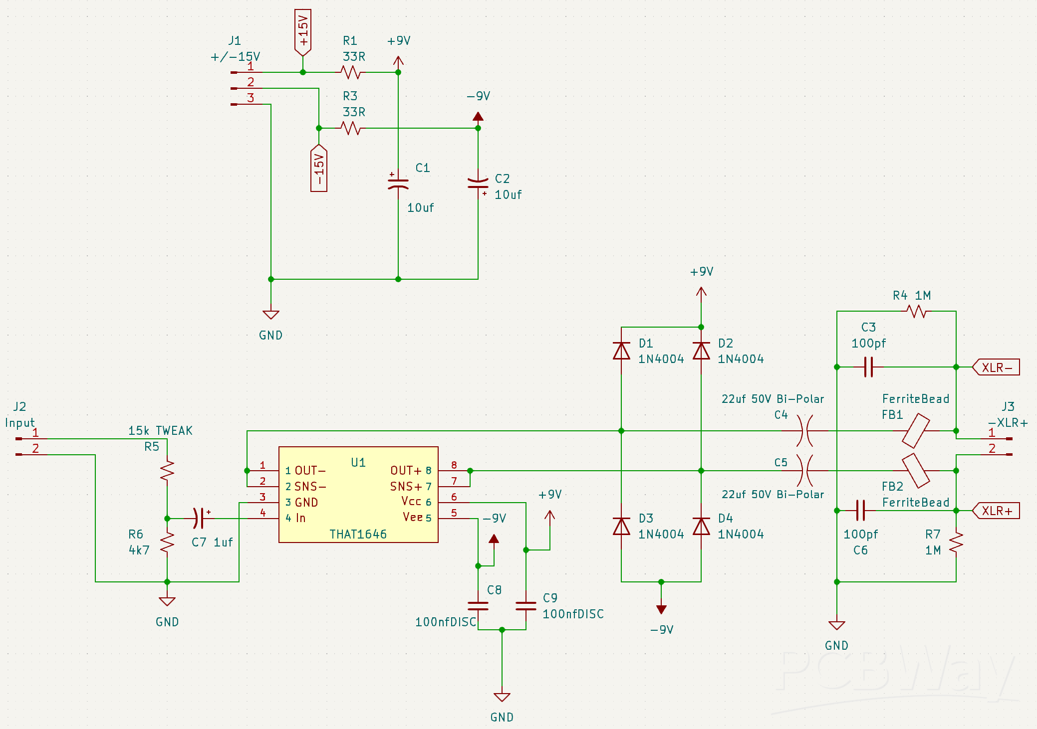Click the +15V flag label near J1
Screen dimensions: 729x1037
click(303, 31)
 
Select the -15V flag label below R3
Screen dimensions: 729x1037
click(319, 169)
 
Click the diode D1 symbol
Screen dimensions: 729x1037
click(621, 351)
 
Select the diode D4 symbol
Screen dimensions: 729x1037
click(701, 527)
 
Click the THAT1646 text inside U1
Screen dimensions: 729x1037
click(358, 534)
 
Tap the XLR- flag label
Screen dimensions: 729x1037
click(997, 367)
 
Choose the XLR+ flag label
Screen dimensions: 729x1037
click(997, 511)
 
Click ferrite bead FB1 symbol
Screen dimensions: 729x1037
click(916, 431)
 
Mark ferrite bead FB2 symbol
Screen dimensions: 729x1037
click(916, 471)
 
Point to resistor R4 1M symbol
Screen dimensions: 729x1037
click(917, 312)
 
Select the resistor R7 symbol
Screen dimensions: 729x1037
click(956, 543)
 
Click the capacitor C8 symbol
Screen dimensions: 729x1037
click(478, 606)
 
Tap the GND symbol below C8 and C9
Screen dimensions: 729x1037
click(502, 697)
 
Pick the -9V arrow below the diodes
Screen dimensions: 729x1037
click(661, 609)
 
